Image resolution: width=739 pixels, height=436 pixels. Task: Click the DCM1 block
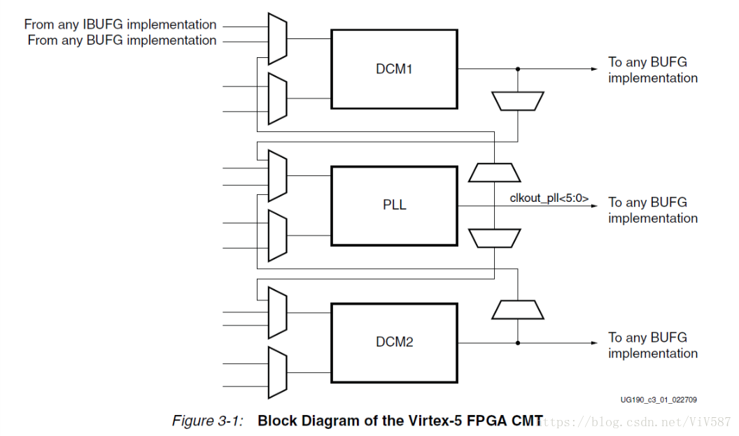[x=394, y=69]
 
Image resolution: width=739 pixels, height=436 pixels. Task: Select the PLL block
[x=394, y=206]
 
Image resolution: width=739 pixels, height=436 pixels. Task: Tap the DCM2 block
[x=394, y=342]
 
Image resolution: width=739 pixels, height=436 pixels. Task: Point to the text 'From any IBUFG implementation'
[x=120, y=25]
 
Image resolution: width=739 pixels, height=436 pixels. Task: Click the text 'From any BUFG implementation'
[x=122, y=41]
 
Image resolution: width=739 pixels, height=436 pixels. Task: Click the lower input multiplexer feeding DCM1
[x=278, y=98]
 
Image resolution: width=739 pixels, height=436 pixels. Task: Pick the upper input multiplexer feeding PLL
[x=278, y=176]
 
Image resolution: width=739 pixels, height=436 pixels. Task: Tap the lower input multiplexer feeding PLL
[x=278, y=235]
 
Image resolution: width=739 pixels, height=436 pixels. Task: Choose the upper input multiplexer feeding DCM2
[x=278, y=313]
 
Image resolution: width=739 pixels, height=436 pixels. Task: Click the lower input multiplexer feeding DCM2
[x=278, y=372]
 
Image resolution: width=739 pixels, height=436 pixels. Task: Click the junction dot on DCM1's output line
[x=517, y=69]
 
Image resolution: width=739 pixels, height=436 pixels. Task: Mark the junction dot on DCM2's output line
[x=517, y=342]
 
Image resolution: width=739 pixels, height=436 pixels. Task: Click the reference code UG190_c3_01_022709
[x=658, y=400]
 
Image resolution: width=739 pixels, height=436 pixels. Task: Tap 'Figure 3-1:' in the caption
[x=208, y=421]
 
